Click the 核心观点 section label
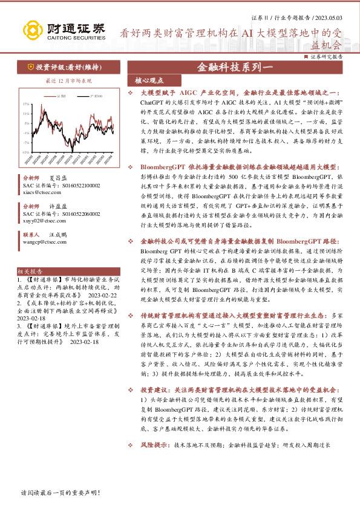[145, 80]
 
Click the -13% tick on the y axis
[26, 152]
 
